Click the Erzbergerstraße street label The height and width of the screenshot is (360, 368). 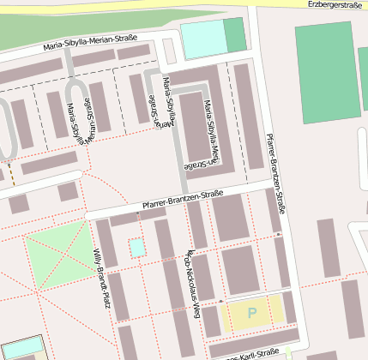coord(336,5)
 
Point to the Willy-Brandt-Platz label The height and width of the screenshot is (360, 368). coord(100,279)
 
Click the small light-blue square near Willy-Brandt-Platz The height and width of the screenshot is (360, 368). coord(137,248)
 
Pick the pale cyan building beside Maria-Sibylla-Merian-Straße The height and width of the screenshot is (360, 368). coord(202,39)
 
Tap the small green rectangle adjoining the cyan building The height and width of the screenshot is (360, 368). coord(234,35)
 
